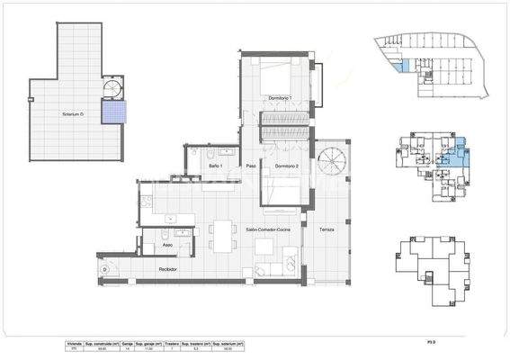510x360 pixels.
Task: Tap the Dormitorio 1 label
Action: [x=282, y=97]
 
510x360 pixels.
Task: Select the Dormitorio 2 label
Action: [x=286, y=166]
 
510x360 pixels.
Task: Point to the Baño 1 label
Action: [x=215, y=166]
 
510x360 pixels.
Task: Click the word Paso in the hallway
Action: [x=253, y=166]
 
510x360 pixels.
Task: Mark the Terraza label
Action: [x=326, y=229]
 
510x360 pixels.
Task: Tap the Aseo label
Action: [x=167, y=245]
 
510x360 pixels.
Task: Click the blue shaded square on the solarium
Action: [x=114, y=111]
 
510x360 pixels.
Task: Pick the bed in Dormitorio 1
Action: [x=282, y=74]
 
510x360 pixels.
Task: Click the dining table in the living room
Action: [x=221, y=238]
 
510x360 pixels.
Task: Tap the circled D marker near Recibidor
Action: [x=105, y=269]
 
